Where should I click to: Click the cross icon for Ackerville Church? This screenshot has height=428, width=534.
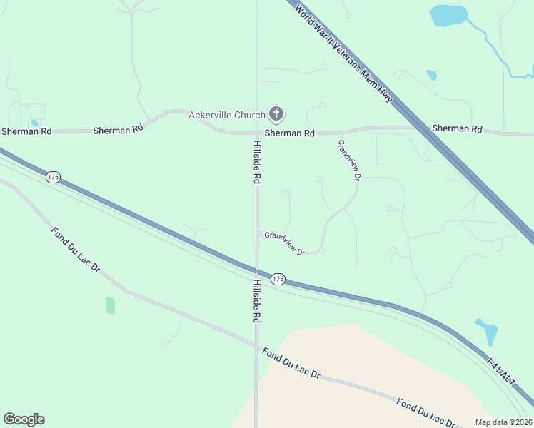[x=276, y=114]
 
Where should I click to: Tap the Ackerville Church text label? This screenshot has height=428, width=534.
[x=226, y=115]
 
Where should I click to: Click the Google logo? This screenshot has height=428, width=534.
[x=24, y=419]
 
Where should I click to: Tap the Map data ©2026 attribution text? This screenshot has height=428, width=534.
[x=503, y=422]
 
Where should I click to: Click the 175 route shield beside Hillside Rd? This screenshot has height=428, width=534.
[x=278, y=279]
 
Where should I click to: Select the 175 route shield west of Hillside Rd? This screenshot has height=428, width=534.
[x=52, y=177]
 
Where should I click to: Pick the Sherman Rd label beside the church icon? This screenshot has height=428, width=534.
[x=290, y=133]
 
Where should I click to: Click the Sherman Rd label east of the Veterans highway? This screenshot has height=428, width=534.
[x=457, y=129]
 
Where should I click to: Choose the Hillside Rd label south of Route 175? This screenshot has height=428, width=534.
[x=256, y=301]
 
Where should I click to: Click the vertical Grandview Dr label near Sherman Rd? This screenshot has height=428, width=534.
[x=349, y=160]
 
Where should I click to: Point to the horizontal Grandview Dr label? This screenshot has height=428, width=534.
[x=284, y=243]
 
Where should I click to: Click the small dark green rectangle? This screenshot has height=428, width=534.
[x=111, y=305]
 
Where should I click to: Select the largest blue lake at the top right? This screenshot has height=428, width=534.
[x=448, y=15]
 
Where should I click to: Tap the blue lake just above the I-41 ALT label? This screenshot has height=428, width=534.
[x=487, y=331]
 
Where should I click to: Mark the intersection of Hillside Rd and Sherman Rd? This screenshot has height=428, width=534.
[x=256, y=133]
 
